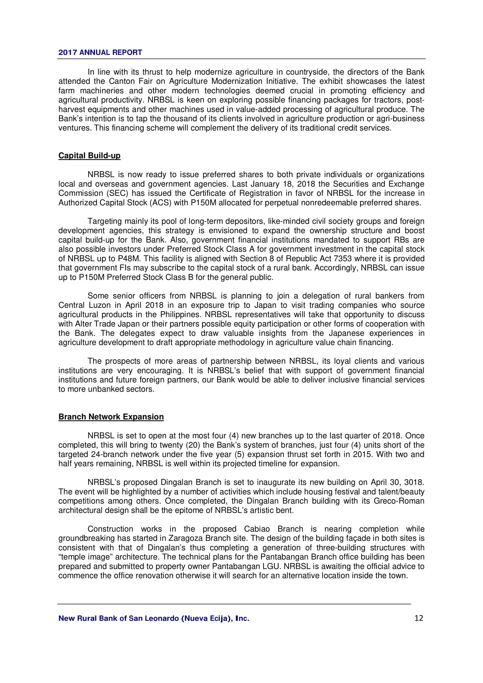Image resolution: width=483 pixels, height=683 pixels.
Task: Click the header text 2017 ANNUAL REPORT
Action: pos(100,52)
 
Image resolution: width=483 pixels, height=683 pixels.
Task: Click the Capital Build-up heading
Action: pos(89,156)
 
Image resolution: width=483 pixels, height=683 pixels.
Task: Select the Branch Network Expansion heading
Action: pos(111,417)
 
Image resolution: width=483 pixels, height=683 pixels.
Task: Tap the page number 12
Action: pos(418,618)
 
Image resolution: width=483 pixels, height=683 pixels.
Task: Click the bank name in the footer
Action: pos(154,618)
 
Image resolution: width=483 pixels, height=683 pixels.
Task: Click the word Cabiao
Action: pos(257,529)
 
